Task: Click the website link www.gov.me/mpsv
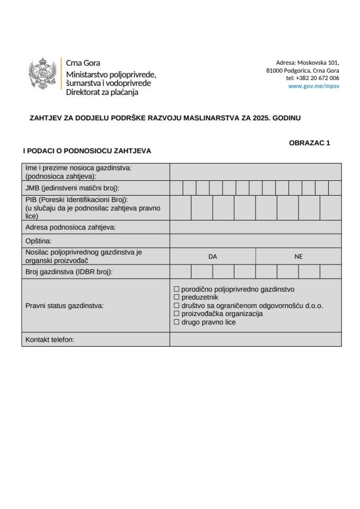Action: pyautogui.click(x=313, y=85)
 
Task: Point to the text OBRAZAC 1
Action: pyautogui.click(x=309, y=143)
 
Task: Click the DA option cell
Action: pyautogui.click(x=213, y=256)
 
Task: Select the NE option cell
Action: pyautogui.click(x=298, y=256)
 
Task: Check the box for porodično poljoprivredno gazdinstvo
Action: pyautogui.click(x=177, y=289)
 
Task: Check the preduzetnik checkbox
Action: pyautogui.click(x=177, y=297)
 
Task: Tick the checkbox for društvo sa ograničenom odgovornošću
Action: pyautogui.click(x=177, y=306)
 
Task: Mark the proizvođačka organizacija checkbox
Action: pyautogui.click(x=177, y=314)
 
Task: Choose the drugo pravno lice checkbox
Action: pyautogui.click(x=177, y=322)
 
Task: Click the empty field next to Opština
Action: pyautogui.click(x=256, y=241)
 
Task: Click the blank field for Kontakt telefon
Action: pyautogui.click(x=256, y=339)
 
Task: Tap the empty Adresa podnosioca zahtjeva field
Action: pyautogui.click(x=256, y=227)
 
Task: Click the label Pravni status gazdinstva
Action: pyautogui.click(x=64, y=306)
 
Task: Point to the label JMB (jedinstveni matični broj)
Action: pyautogui.click(x=72, y=188)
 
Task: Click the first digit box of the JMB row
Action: pyautogui.click(x=176, y=188)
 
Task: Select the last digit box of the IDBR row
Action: pyautogui.click(x=330, y=271)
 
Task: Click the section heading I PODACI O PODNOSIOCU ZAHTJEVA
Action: pyautogui.click(x=87, y=151)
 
